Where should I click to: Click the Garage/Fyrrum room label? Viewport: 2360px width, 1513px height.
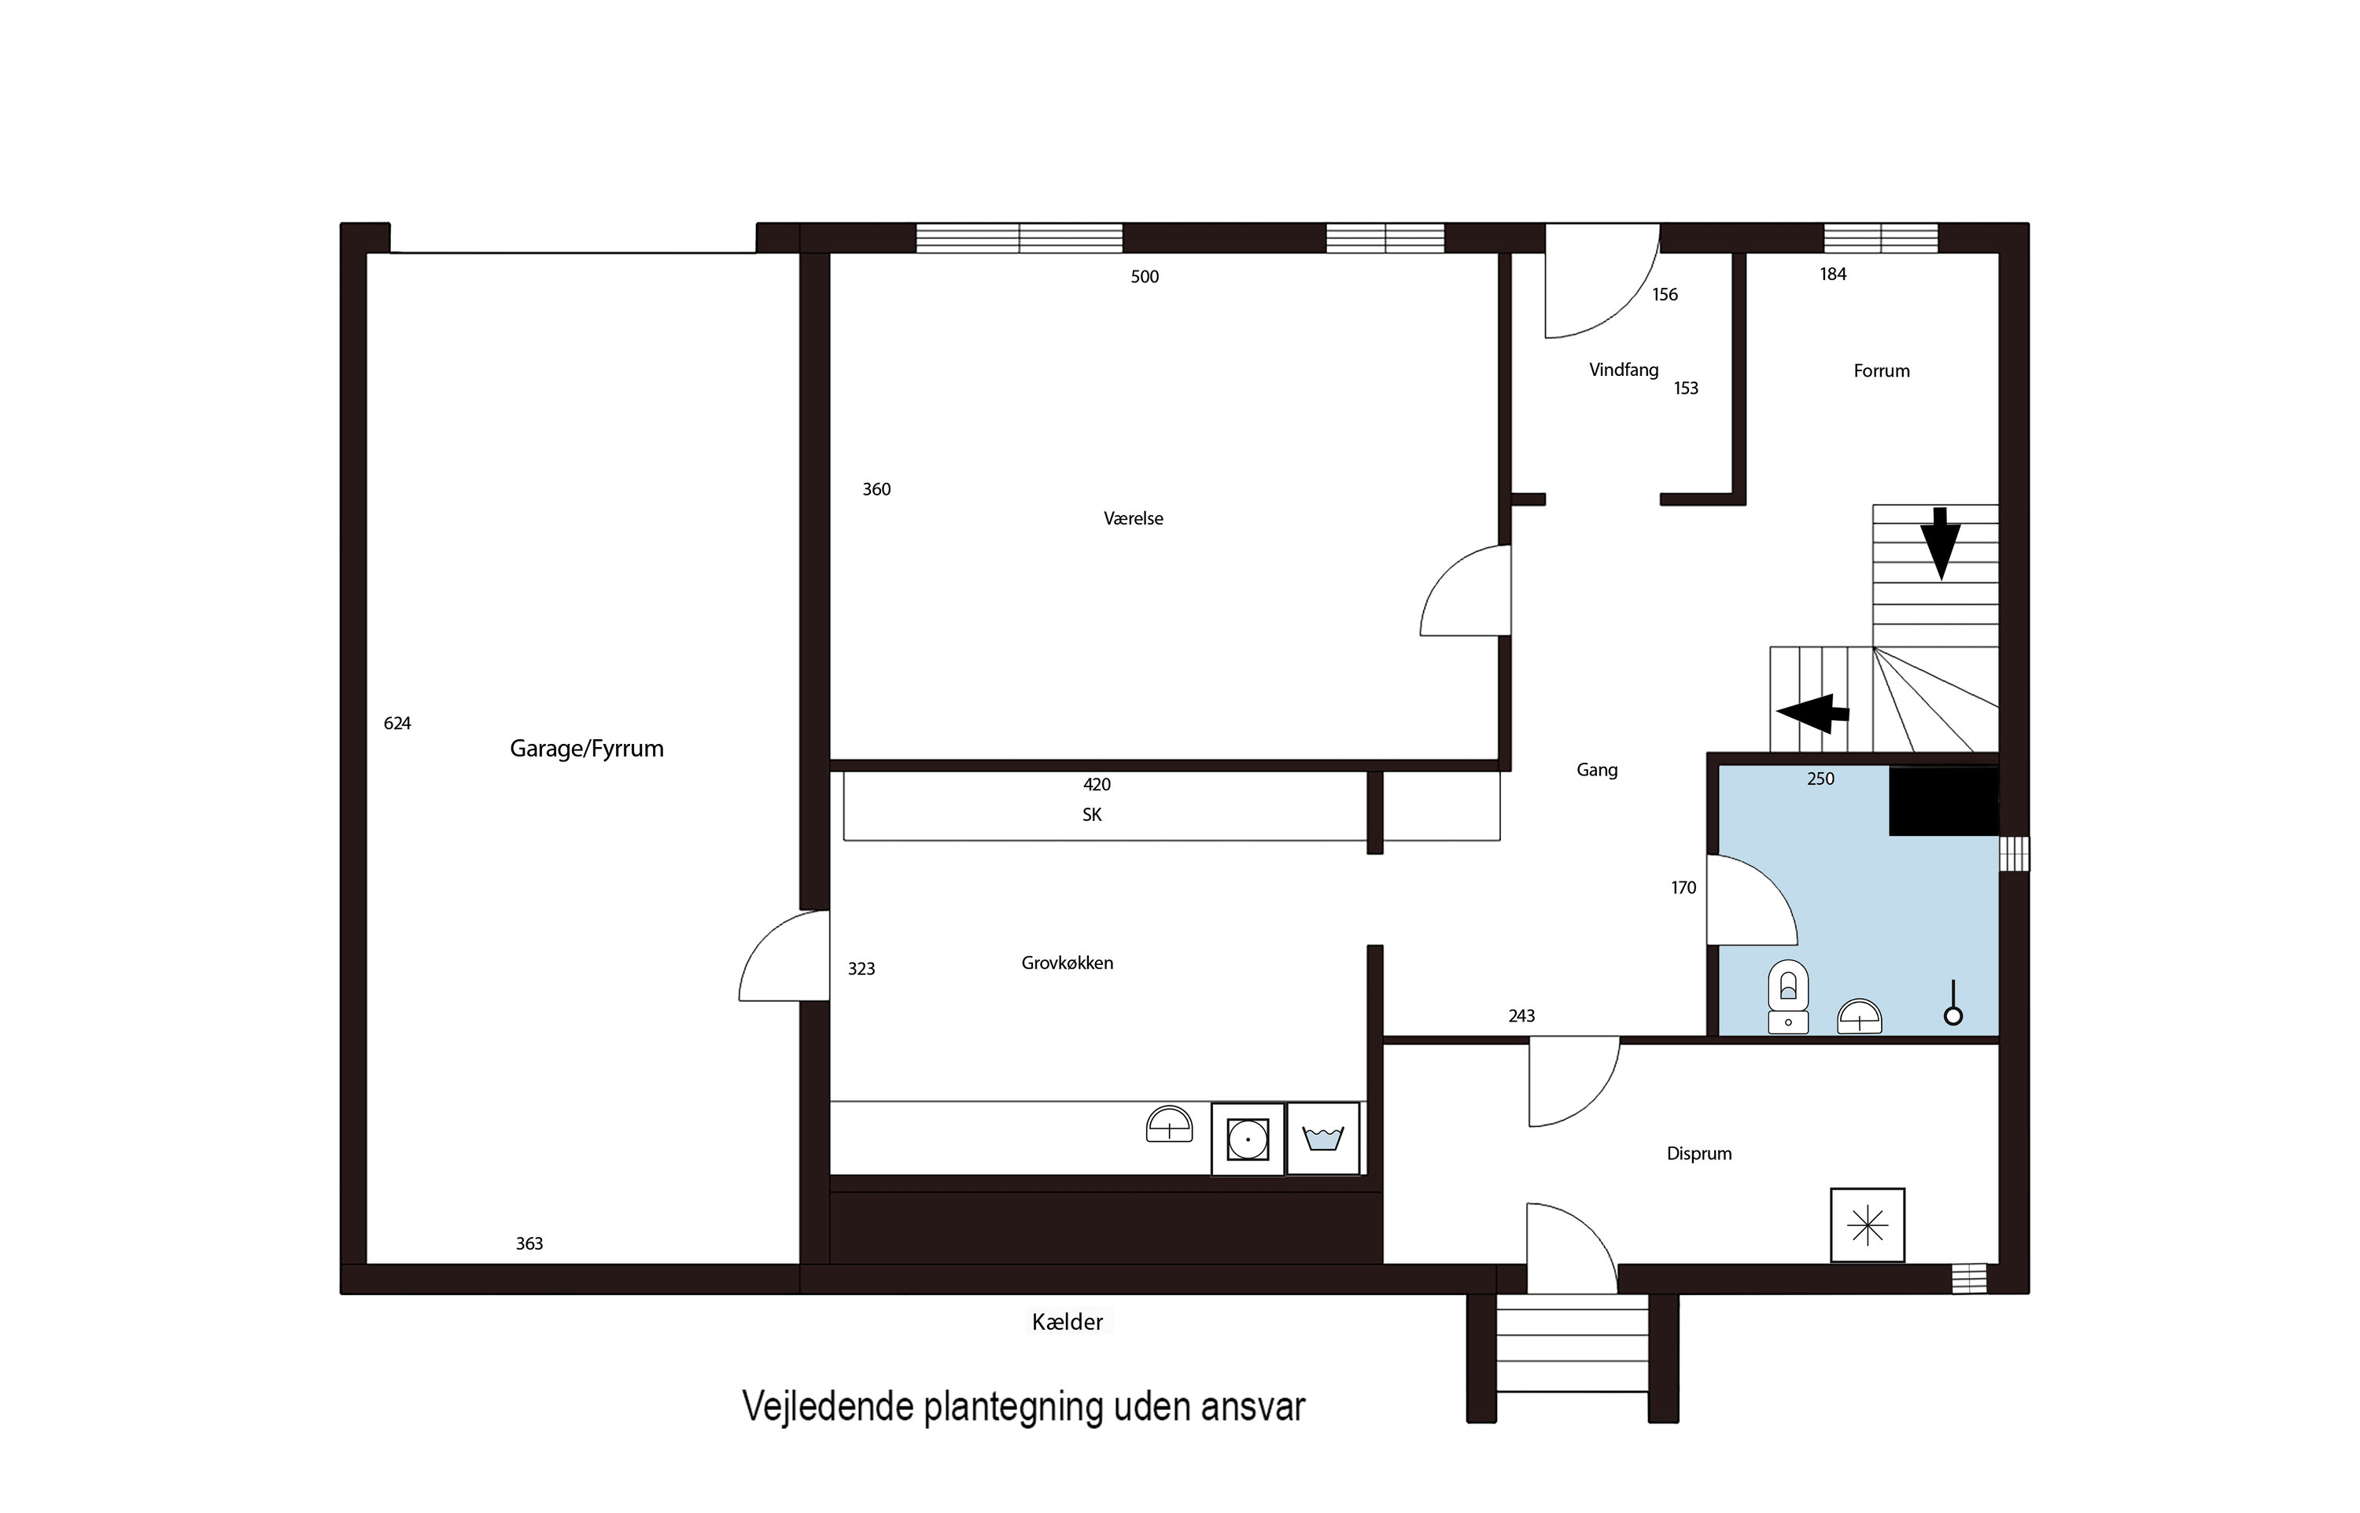click(x=587, y=749)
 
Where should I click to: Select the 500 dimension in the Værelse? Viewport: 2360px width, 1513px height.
click(x=1145, y=277)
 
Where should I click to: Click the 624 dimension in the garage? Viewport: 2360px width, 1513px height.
click(x=397, y=724)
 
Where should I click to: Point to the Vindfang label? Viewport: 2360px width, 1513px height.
click(x=1623, y=370)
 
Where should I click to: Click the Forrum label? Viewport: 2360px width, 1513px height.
click(x=1881, y=371)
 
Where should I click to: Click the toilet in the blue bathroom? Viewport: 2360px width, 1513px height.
click(x=1788, y=996)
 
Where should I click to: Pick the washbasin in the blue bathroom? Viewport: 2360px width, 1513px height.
click(x=1859, y=1017)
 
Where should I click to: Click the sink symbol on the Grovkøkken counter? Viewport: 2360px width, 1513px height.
click(x=1169, y=1125)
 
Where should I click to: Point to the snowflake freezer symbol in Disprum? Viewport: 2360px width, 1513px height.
click(x=1867, y=1225)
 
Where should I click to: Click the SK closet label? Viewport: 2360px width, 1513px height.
click(x=1092, y=815)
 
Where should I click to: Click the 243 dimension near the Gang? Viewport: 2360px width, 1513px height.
click(x=1521, y=1017)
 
